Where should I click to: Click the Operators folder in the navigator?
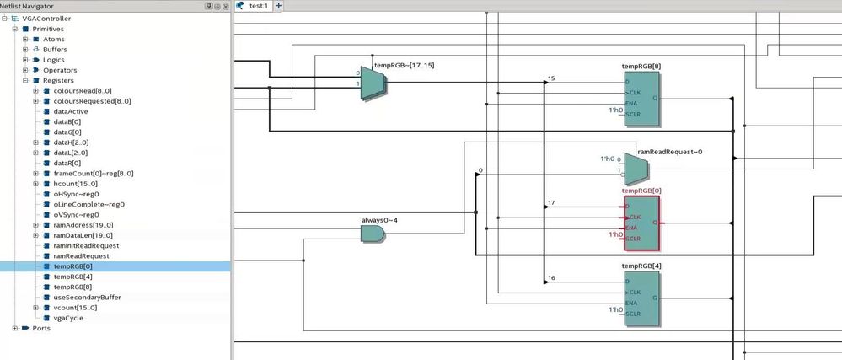pyautogui.click(x=60, y=70)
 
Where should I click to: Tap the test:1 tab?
pyautogui.click(x=258, y=6)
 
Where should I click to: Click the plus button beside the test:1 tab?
pyautogui.click(x=279, y=6)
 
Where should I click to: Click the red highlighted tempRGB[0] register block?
pyautogui.click(x=641, y=223)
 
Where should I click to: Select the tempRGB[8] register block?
pyautogui.click(x=641, y=99)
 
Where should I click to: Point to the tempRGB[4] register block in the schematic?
pyautogui.click(x=641, y=298)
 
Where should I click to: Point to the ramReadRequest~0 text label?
pyautogui.click(x=669, y=152)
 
